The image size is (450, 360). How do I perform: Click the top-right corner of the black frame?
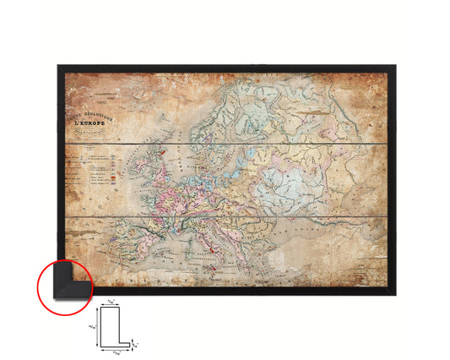pyautogui.click(x=395, y=66)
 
